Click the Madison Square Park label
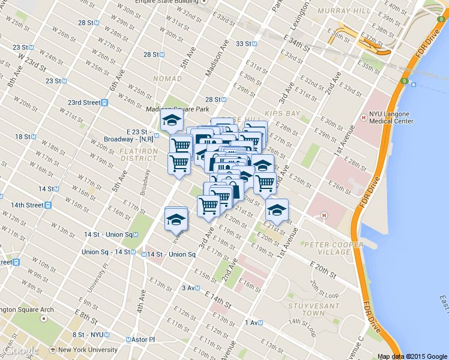point(178,109)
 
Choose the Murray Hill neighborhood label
point(325,12)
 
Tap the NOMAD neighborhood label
point(167,79)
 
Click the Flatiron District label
point(139,154)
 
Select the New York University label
point(88,350)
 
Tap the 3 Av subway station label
point(190,288)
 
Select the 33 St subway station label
point(247,44)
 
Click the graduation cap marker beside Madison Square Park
point(172,120)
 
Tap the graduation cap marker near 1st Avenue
point(277,211)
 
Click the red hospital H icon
point(324,215)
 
